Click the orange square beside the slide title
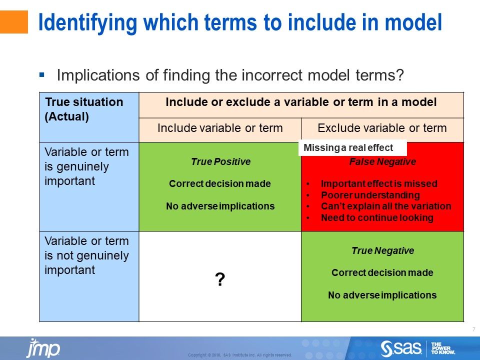coord(13,22)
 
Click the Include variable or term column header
coord(220,128)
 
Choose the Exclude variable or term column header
coord(382,128)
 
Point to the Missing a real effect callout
coord(348,147)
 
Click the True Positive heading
coord(220,162)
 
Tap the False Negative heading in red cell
coord(382,162)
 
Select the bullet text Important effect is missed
coord(378,183)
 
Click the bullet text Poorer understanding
coord(370,195)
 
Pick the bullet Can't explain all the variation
coord(385,206)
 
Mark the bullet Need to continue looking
coord(377,217)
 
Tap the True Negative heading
coord(382,251)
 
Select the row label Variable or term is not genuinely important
coord(87,255)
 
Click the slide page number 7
coord(473,329)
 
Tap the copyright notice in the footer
coord(240,355)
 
